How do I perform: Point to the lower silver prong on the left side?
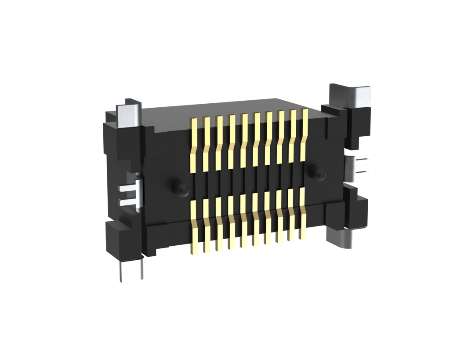click(x=128, y=203)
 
